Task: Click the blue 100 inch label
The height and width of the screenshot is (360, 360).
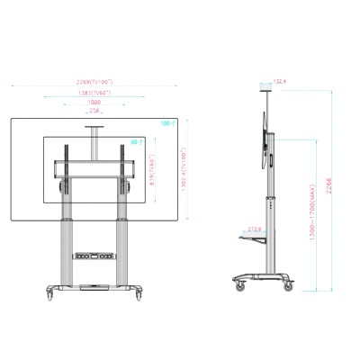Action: tap(166, 122)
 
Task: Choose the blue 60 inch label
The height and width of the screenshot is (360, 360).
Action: tap(134, 141)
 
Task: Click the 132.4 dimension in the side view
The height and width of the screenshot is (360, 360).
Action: tap(279, 82)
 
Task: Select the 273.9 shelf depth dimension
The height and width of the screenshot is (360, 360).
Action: tap(255, 229)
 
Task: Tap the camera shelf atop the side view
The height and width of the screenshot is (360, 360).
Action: tap(266, 87)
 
